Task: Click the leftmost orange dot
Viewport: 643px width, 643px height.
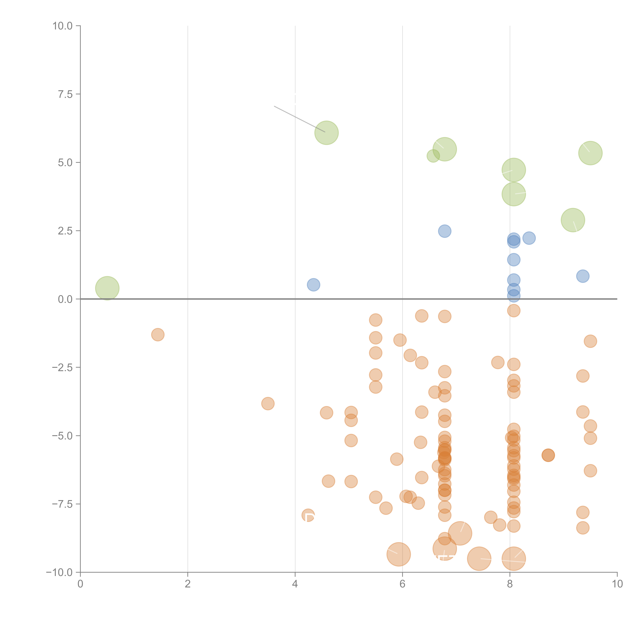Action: tap(158, 334)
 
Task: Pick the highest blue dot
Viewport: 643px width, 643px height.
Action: tap(445, 231)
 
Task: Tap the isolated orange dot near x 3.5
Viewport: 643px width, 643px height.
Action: tap(268, 404)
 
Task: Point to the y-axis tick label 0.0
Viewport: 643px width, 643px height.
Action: tap(65, 299)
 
